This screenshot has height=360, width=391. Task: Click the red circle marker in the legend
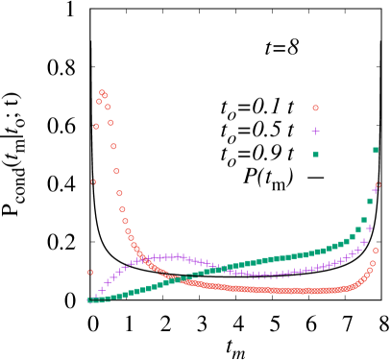click(x=315, y=108)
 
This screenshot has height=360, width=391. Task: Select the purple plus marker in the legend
click(x=315, y=131)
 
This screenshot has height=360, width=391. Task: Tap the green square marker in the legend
click(x=315, y=154)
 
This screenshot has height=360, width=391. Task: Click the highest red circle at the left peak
click(x=102, y=92)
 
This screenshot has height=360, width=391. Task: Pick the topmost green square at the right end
click(x=376, y=150)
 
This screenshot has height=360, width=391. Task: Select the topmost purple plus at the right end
click(x=376, y=190)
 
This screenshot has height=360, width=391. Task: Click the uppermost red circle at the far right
click(x=378, y=184)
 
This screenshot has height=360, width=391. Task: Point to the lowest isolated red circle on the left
click(x=90, y=272)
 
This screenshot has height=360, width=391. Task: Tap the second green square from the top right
click(x=370, y=201)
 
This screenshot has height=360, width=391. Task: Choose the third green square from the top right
click(x=364, y=220)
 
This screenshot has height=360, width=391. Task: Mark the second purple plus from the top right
click(x=370, y=228)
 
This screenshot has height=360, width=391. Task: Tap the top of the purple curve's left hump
click(x=171, y=256)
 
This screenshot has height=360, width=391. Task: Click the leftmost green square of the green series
click(x=89, y=300)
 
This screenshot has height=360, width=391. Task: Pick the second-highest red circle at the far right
click(x=375, y=251)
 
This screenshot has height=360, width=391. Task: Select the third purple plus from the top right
click(x=364, y=242)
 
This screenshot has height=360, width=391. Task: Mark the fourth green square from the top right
click(x=358, y=229)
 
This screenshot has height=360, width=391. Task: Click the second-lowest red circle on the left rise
click(x=93, y=181)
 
